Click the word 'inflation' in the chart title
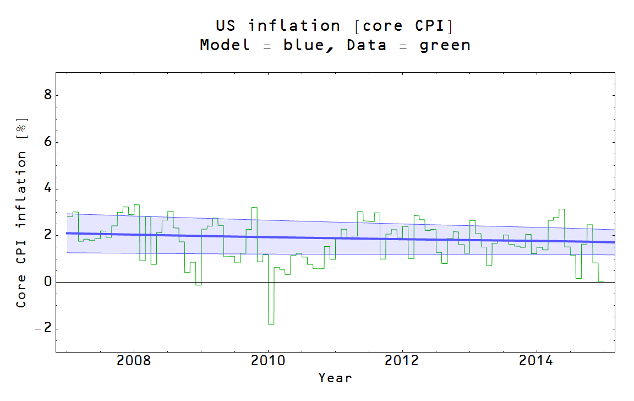[x=294, y=26]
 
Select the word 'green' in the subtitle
[x=445, y=45]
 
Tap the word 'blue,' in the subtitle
[x=309, y=45]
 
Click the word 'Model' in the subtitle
[x=225, y=45]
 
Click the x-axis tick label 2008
[x=133, y=361]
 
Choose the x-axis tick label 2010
[x=268, y=361]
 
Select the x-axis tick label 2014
[x=537, y=361]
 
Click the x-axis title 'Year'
[x=335, y=378]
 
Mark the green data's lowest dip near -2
[x=271, y=324]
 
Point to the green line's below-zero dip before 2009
[x=198, y=284]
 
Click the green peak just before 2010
[x=254, y=208]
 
